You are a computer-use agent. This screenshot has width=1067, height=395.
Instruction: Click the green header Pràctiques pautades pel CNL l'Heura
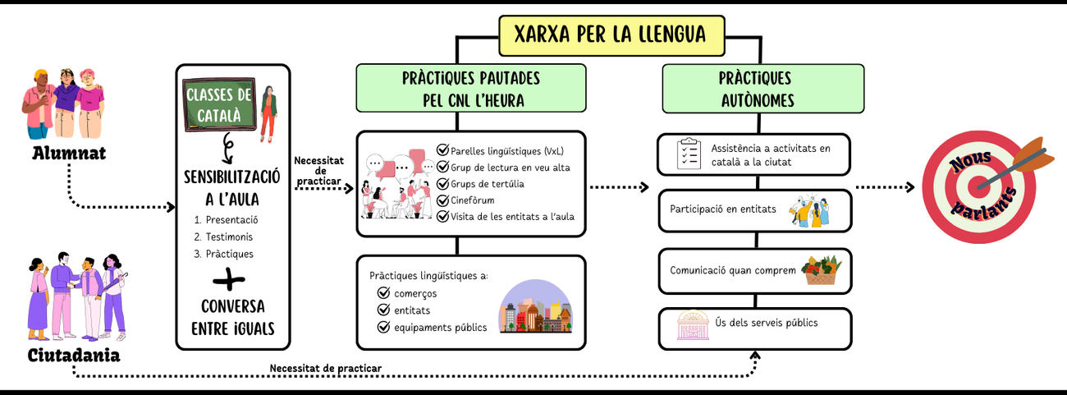point(470,88)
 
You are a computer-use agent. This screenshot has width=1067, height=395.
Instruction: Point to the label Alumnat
point(69,154)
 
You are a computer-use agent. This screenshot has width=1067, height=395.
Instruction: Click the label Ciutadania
point(73,355)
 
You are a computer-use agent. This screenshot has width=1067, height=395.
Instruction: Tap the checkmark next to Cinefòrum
point(443,200)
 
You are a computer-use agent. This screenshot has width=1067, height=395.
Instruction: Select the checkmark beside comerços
point(382,293)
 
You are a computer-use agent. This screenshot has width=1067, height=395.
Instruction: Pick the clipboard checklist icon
point(688,154)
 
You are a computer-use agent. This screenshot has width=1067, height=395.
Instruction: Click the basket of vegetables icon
point(822,269)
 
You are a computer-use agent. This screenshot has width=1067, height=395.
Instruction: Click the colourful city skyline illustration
point(535,308)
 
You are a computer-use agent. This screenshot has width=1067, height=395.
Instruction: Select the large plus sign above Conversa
point(234,281)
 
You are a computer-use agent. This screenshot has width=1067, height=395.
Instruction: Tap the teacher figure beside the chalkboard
point(268,115)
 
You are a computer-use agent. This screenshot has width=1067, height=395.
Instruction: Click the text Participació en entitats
point(723,209)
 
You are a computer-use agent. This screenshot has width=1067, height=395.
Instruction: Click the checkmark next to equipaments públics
point(382,327)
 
